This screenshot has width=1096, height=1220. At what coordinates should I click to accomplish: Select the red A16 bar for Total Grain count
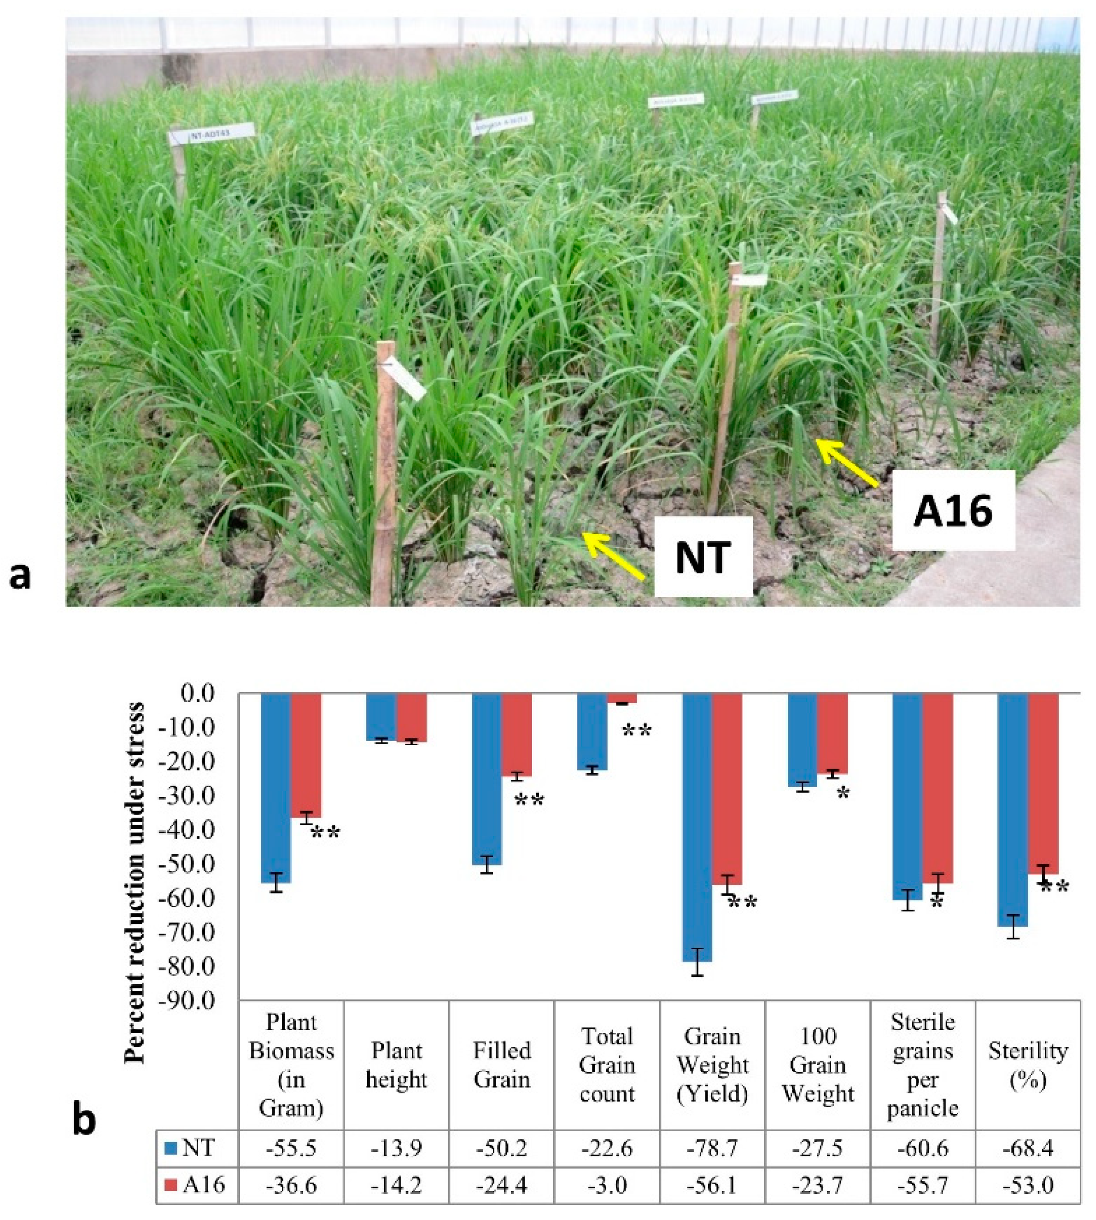tap(622, 698)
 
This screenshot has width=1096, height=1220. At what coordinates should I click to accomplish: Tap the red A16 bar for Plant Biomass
tap(306, 755)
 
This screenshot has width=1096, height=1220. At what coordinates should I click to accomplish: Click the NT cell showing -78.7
tap(712, 1148)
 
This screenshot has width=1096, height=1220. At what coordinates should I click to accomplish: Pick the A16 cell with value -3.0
tap(607, 1185)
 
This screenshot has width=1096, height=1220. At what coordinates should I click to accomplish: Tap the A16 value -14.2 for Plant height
tap(396, 1185)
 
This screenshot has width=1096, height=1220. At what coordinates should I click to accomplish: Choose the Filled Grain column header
tap(502, 1065)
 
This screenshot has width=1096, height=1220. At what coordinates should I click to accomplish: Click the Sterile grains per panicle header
tap(923, 1065)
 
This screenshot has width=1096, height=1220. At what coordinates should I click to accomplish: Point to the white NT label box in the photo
tap(703, 557)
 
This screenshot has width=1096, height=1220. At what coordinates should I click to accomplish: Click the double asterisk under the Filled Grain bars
tap(529, 800)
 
